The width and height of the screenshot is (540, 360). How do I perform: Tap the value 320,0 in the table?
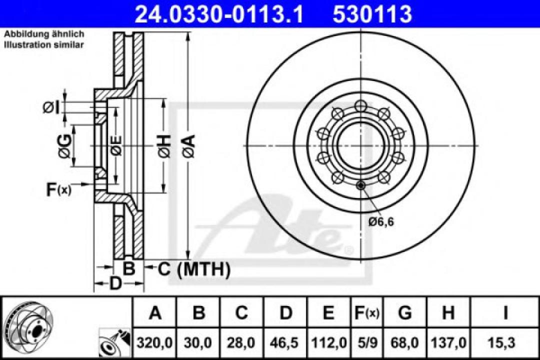click(155, 343)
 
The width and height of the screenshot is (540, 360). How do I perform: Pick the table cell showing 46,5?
click(285, 343)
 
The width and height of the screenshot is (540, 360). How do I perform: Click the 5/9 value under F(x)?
click(367, 343)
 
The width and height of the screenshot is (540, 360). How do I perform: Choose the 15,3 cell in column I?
click(505, 343)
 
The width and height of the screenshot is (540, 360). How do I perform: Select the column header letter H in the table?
click(448, 313)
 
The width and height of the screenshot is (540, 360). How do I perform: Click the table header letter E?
click(328, 313)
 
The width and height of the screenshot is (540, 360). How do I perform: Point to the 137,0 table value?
click(448, 343)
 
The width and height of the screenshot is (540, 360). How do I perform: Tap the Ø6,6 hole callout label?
click(381, 222)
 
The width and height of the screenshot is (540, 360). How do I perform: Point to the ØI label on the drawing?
click(51, 106)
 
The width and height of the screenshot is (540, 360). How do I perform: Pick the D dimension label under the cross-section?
click(115, 284)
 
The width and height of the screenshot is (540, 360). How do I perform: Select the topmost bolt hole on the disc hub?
click(361, 105)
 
